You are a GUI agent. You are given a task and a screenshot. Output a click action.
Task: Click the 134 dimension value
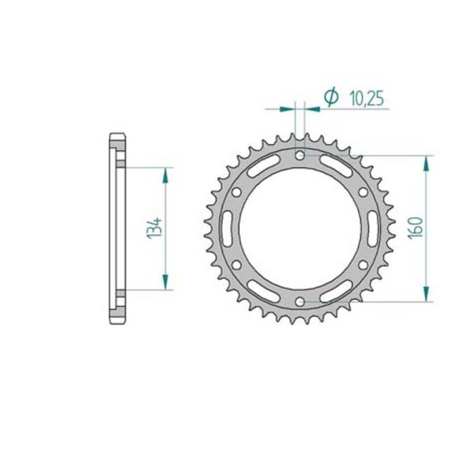click(x=155, y=228)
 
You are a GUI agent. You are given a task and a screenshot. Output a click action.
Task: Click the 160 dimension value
click(x=415, y=228)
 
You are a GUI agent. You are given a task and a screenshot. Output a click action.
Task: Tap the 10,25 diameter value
click(x=367, y=98)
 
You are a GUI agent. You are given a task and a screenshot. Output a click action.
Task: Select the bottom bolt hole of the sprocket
click(x=300, y=302)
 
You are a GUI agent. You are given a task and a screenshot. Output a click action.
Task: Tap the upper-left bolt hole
click(x=236, y=192)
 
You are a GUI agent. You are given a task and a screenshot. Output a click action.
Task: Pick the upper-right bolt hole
click(x=363, y=192)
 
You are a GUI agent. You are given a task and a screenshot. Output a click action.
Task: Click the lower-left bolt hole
click(x=236, y=265)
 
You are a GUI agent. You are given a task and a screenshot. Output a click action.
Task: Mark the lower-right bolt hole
click(x=363, y=265)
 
